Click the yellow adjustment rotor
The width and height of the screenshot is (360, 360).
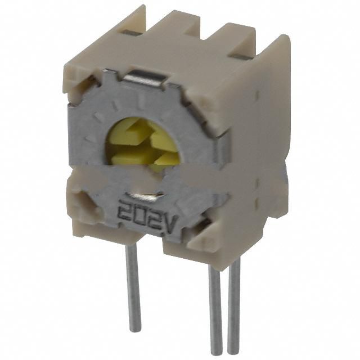pos(143,145)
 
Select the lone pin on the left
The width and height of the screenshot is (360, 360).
pos(133,287)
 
